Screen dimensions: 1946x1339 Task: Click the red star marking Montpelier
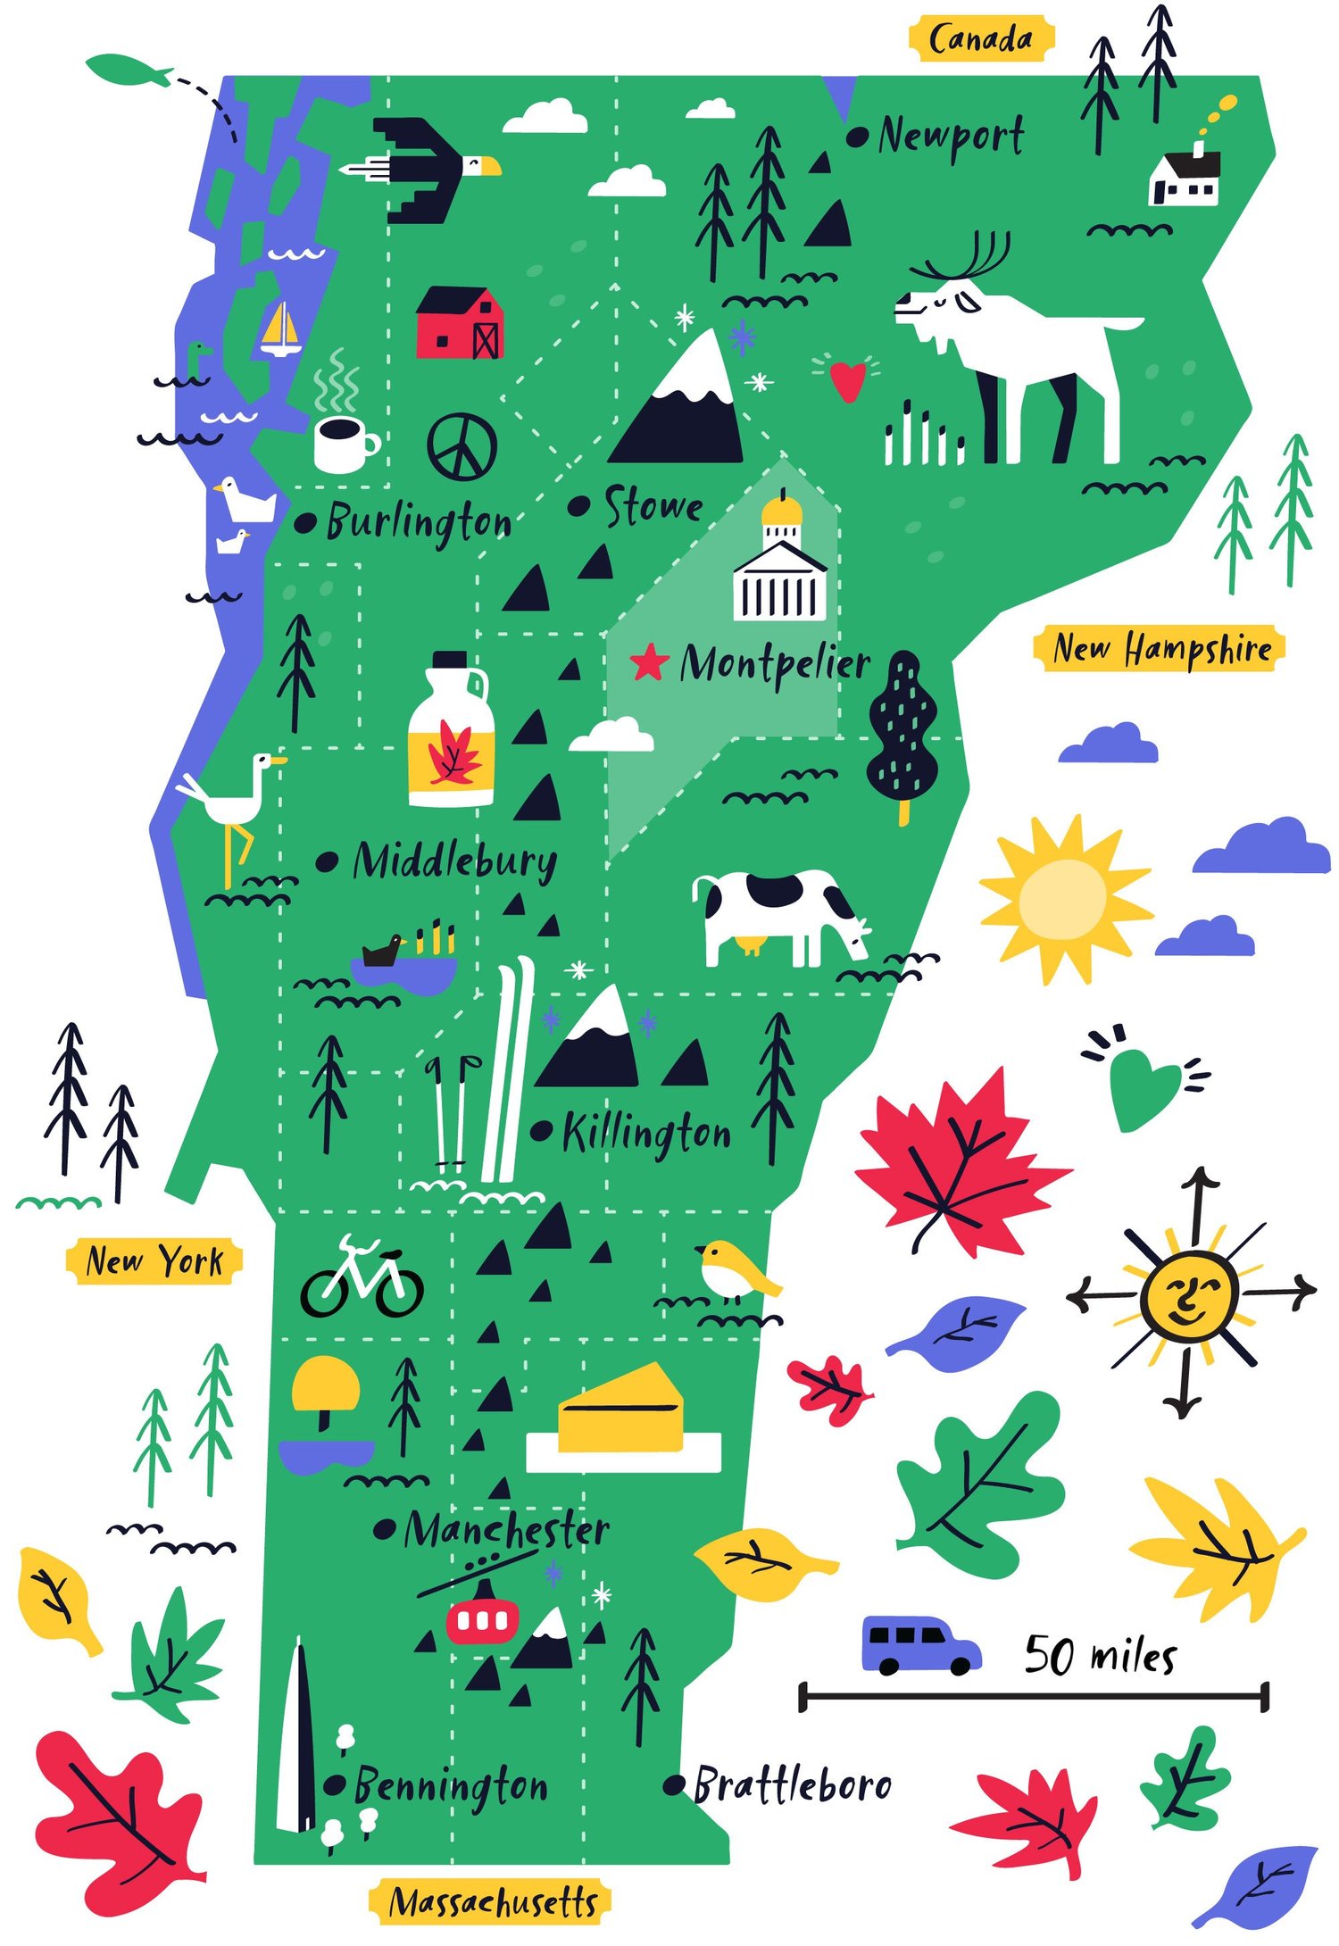pos(649,663)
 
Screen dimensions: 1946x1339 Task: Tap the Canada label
pos(980,39)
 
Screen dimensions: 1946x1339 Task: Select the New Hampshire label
pos(1160,649)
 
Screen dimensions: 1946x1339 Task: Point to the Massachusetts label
pos(492,1901)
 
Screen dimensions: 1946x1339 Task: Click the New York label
pos(154,1261)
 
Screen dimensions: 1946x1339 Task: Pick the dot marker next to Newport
pos(857,137)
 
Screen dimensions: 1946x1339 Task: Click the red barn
pos(460,323)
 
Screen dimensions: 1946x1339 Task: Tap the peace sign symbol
pos(462,446)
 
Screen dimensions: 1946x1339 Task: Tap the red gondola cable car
pos(483,1620)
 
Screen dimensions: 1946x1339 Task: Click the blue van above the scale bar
pos(919,1644)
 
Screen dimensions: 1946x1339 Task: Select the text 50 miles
pos(1100,1656)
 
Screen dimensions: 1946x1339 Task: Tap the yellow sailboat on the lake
pos(281,330)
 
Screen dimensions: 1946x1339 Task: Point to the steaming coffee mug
pos(345,442)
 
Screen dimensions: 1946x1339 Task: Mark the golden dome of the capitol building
pos(782,511)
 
